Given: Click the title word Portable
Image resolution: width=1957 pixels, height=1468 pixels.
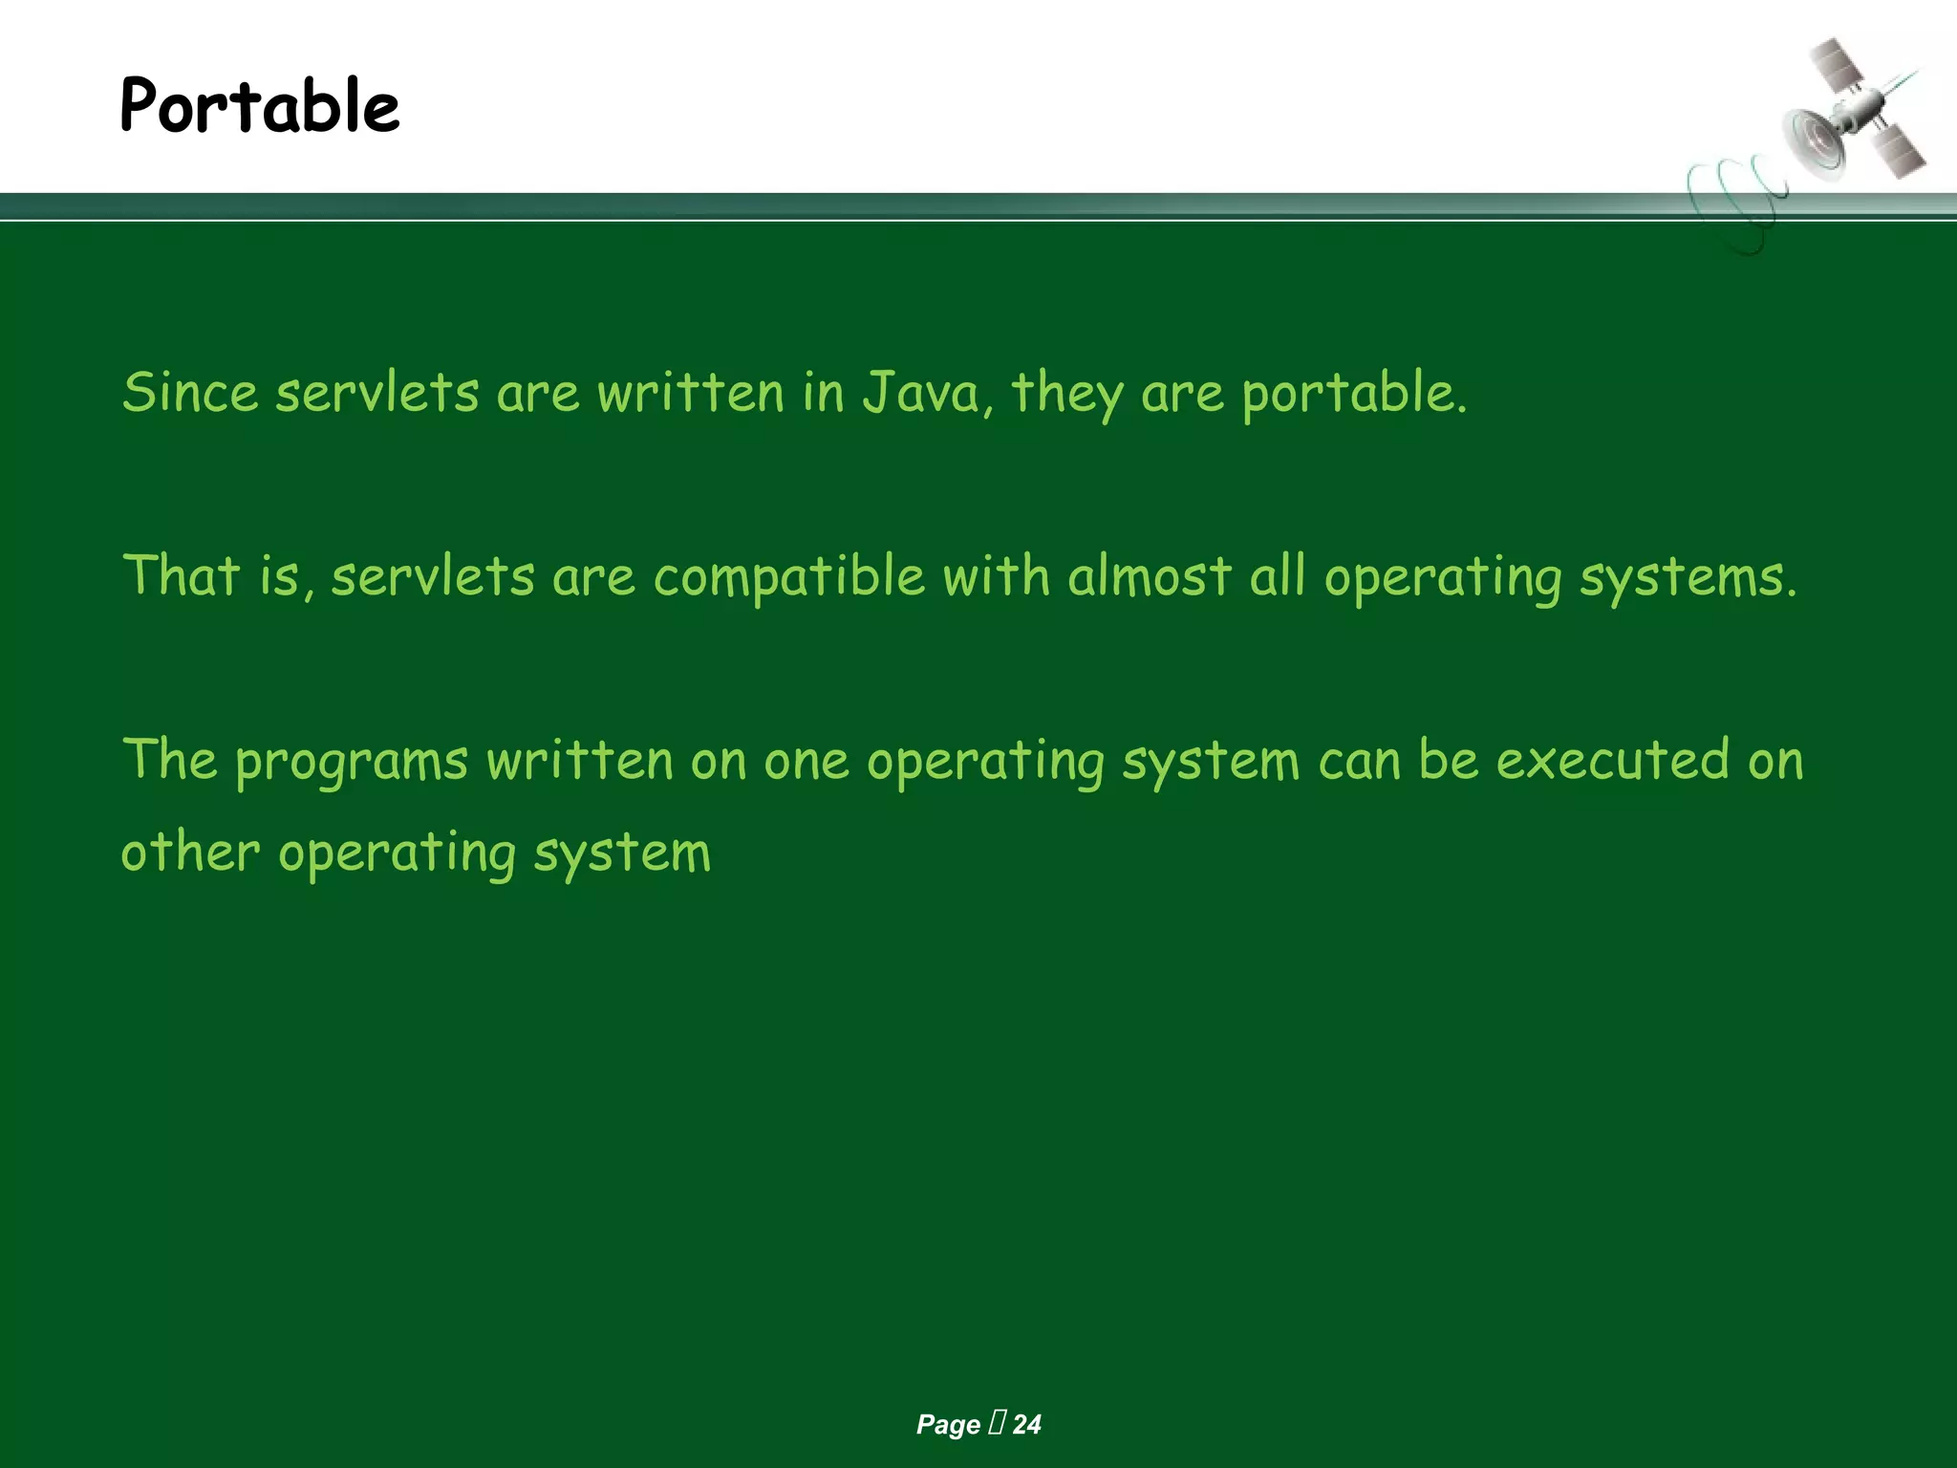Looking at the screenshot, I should [260, 105].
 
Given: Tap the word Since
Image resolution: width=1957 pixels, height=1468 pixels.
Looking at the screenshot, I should [190, 392].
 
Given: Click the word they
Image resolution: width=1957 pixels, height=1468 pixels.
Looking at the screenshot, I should [1067, 394].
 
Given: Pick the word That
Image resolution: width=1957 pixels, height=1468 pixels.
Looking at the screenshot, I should [182, 575].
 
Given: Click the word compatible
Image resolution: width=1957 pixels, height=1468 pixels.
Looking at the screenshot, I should [789, 577].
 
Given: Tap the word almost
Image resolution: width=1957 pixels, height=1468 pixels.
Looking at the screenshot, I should [1150, 575].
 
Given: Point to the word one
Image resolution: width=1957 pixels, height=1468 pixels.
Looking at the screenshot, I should [806, 761].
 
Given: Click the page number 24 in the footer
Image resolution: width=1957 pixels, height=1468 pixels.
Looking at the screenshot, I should [1026, 1425].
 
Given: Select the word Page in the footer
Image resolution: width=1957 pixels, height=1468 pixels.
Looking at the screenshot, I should [948, 1425].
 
